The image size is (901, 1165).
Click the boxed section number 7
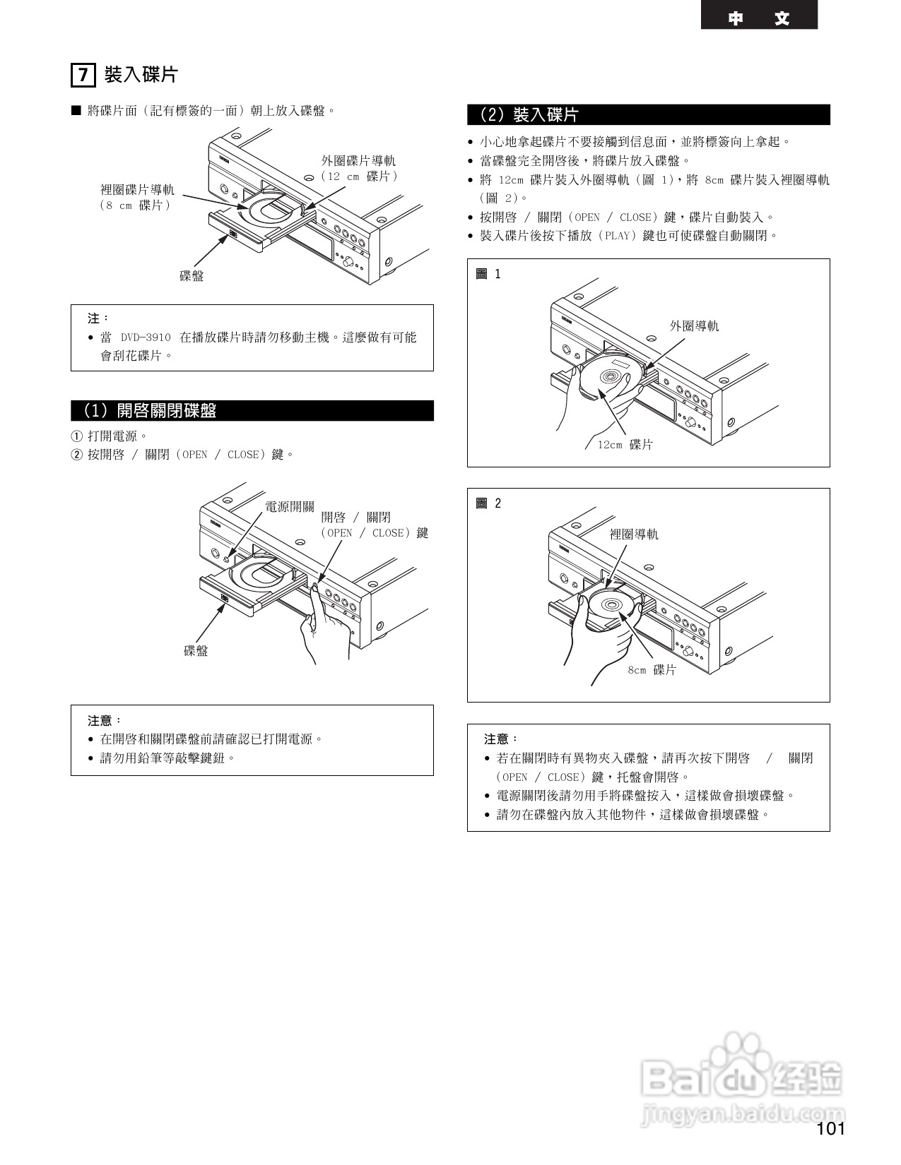[83, 75]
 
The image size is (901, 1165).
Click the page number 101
[830, 1128]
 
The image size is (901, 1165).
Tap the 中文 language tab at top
[759, 18]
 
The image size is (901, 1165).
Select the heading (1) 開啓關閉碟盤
[150, 411]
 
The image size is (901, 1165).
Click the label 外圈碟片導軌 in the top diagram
[358, 161]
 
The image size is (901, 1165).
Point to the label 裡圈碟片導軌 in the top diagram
[137, 190]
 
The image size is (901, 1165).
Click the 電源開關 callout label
[290, 506]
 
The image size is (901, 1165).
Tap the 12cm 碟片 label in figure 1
[625, 444]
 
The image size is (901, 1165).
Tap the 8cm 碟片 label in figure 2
[652, 669]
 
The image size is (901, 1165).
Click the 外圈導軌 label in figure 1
[694, 325]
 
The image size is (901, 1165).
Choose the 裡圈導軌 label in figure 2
[634, 534]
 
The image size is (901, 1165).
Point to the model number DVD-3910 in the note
[146, 337]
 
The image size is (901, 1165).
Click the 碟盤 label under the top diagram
[192, 276]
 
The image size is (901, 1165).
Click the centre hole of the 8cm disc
[611, 605]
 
